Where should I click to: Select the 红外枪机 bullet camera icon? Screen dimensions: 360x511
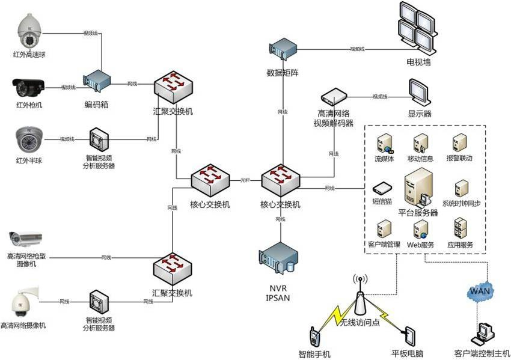click(29, 88)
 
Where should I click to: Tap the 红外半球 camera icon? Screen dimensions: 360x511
click(28, 139)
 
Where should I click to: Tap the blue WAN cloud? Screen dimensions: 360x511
click(480, 291)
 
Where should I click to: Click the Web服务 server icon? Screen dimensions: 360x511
click(420, 228)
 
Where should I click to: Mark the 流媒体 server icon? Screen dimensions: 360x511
click(383, 144)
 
